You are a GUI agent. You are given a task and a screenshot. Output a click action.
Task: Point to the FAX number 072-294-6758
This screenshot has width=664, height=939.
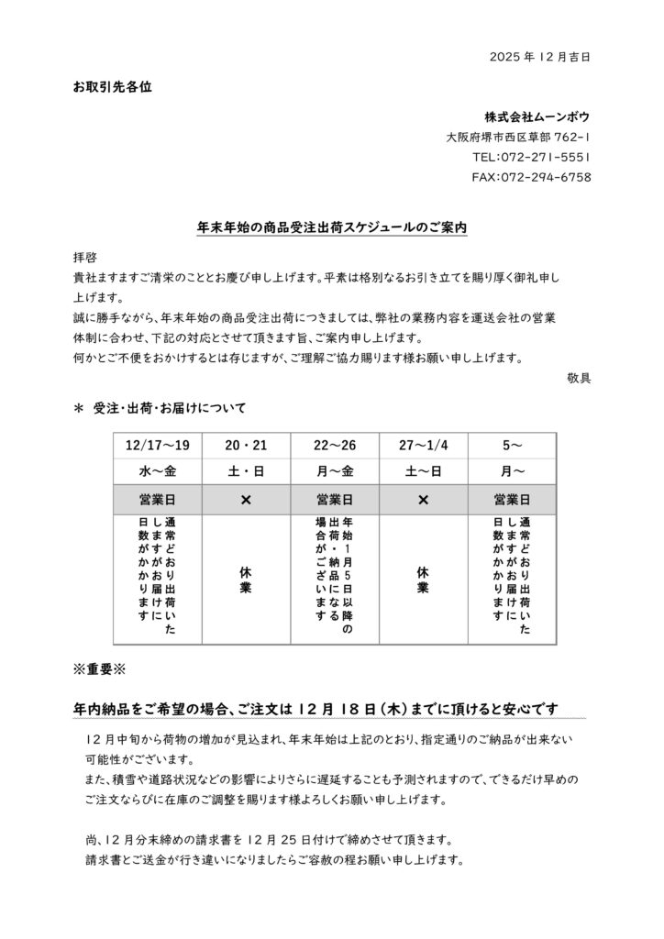[x=531, y=177]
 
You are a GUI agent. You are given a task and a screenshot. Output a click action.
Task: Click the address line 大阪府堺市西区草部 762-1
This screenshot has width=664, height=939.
[x=518, y=137]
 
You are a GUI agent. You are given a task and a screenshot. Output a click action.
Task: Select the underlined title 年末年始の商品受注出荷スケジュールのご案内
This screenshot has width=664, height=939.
[x=332, y=226]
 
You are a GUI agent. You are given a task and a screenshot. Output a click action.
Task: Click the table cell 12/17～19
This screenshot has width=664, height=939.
[x=158, y=446]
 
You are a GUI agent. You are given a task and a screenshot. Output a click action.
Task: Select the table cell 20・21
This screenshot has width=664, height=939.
[x=246, y=446]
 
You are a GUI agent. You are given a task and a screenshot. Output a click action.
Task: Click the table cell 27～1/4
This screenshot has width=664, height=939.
[x=423, y=446]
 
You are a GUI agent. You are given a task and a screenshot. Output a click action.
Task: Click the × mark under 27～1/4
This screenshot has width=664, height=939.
[x=423, y=501]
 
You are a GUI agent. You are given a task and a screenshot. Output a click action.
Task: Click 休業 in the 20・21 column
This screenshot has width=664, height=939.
[x=246, y=579]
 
